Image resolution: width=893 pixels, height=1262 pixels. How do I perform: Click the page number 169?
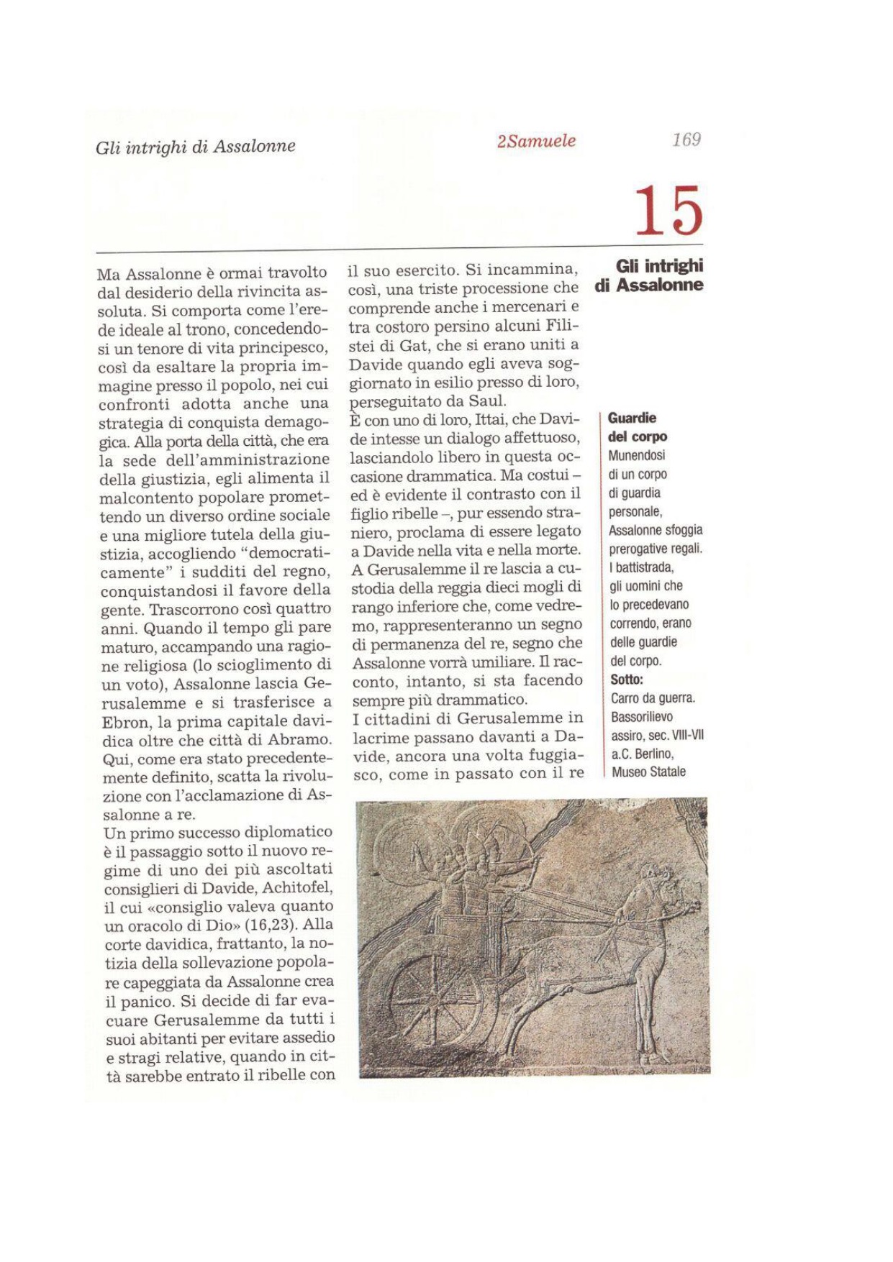point(686,140)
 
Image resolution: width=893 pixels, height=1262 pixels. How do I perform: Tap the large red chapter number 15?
point(668,210)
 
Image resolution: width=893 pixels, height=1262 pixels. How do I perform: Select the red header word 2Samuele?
point(536,141)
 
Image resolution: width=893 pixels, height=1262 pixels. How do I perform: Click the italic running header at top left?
point(196,147)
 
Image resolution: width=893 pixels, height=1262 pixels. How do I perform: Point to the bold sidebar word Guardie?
point(632,418)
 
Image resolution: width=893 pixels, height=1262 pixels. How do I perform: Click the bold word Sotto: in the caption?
point(627,680)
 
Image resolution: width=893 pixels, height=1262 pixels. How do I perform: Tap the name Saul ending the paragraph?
point(489,401)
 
